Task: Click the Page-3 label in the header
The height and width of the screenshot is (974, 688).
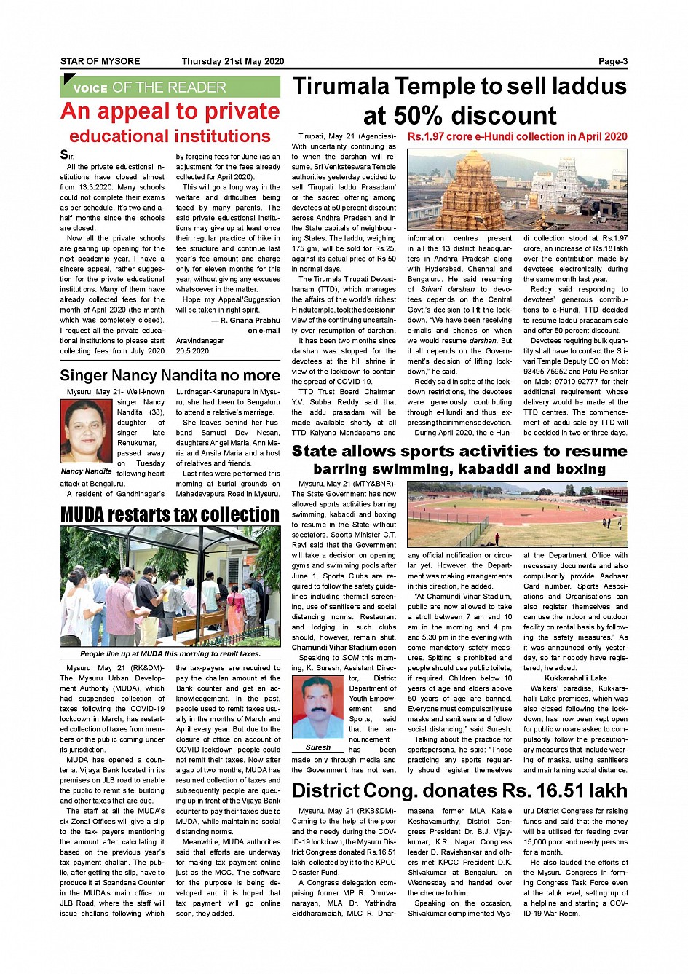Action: (612, 62)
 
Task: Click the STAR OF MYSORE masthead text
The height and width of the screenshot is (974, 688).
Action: (100, 62)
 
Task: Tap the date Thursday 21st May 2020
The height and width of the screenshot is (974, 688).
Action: (232, 62)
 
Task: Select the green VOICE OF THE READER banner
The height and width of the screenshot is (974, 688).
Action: (170, 87)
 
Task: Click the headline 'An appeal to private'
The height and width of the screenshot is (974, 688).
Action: (170, 111)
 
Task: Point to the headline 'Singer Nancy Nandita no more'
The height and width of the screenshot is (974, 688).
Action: (170, 376)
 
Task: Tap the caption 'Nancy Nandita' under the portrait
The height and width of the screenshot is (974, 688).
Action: (86, 471)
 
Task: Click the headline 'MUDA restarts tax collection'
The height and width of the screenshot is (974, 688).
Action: (170, 514)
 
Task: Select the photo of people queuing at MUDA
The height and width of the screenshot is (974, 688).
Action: (170, 586)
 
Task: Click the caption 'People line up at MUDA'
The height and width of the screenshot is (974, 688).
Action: (170, 653)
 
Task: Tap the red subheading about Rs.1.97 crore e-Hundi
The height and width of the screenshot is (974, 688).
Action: (517, 136)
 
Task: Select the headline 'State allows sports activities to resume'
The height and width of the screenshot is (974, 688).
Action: (459, 452)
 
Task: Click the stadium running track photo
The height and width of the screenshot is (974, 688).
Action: (517, 514)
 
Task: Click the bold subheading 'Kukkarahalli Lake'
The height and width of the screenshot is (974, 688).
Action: (575, 678)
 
